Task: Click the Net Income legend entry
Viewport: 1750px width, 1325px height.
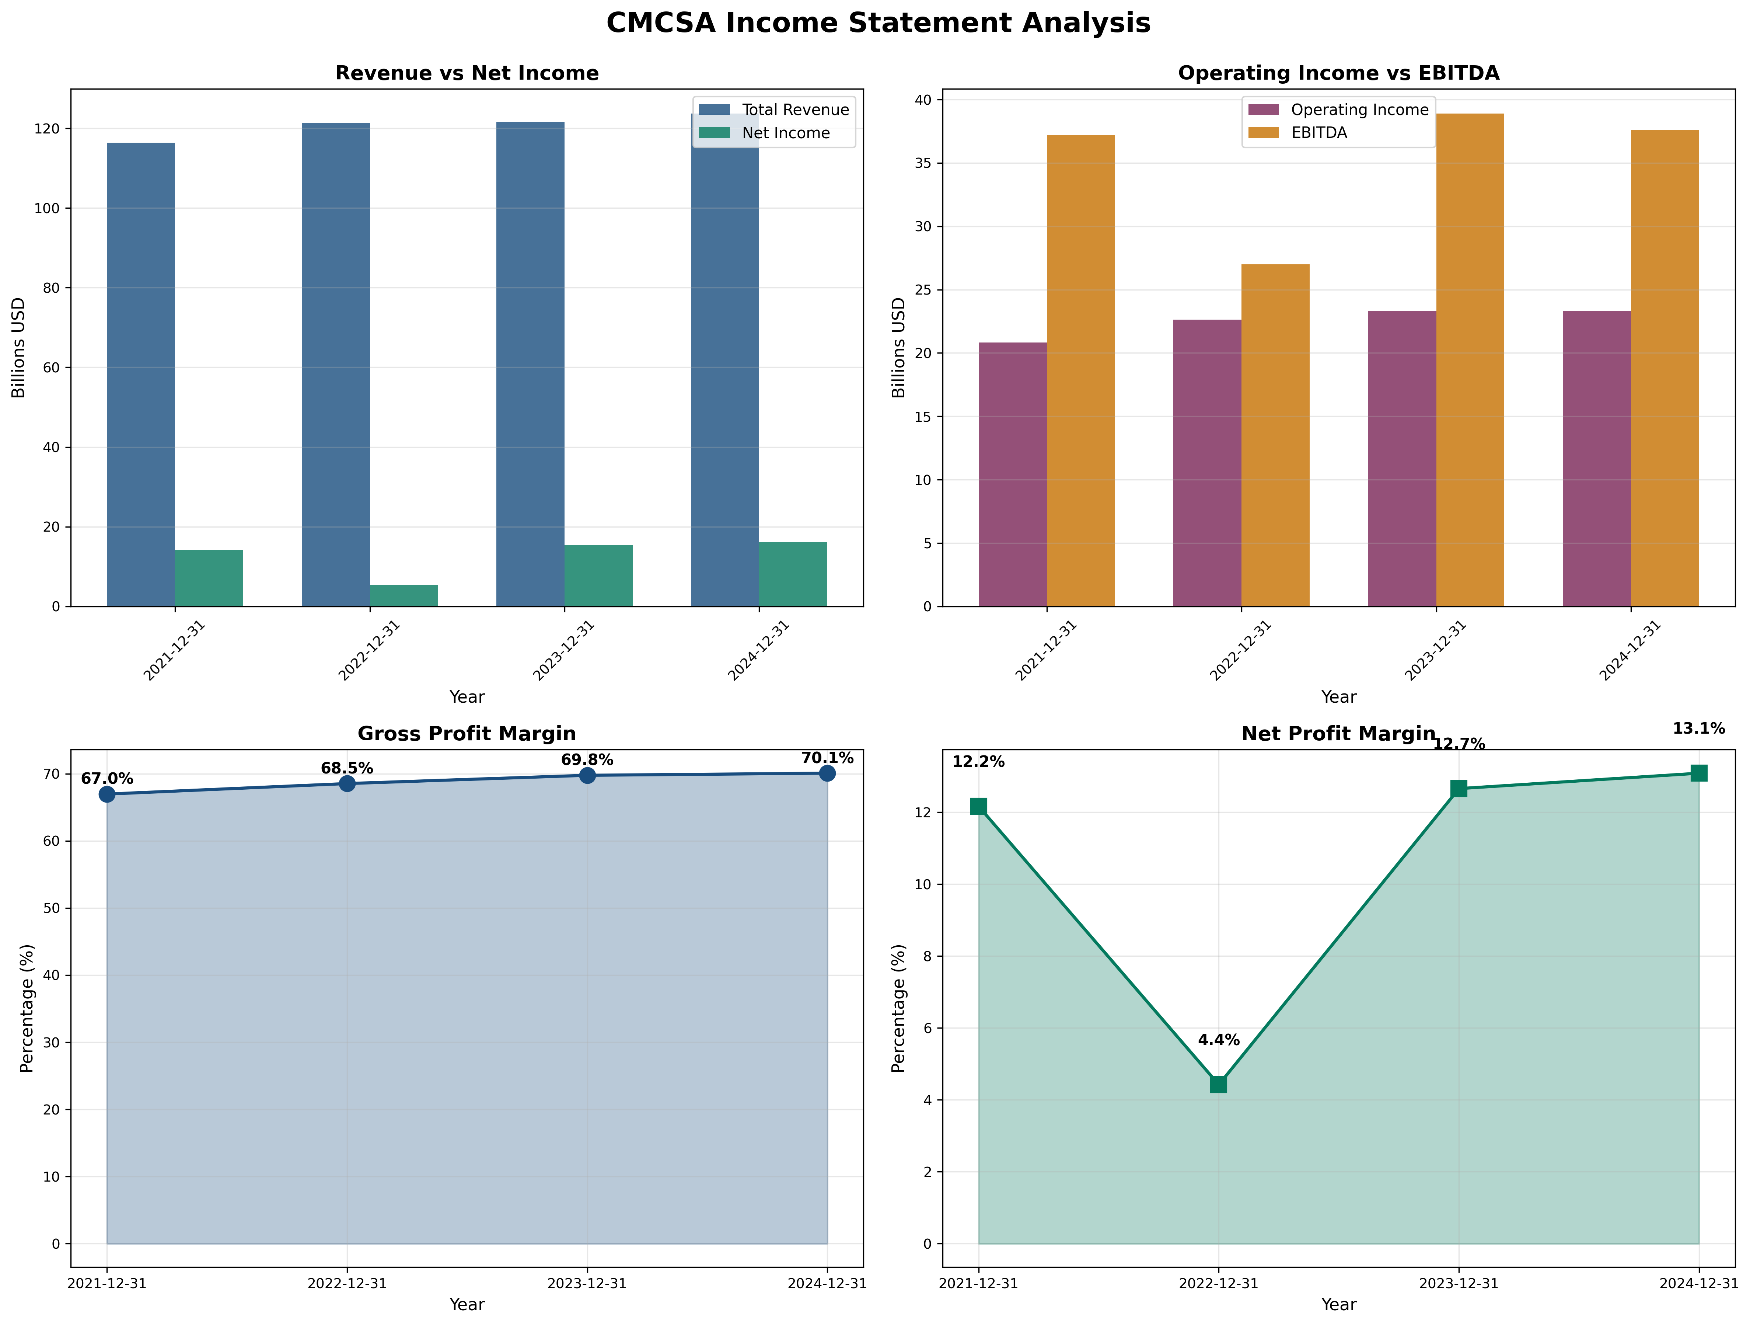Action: [785, 133]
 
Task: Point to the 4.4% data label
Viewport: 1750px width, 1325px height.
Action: [1218, 1040]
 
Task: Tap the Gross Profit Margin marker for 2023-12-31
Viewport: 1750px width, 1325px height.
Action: [587, 776]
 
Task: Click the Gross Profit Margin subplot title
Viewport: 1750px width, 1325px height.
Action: [467, 734]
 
